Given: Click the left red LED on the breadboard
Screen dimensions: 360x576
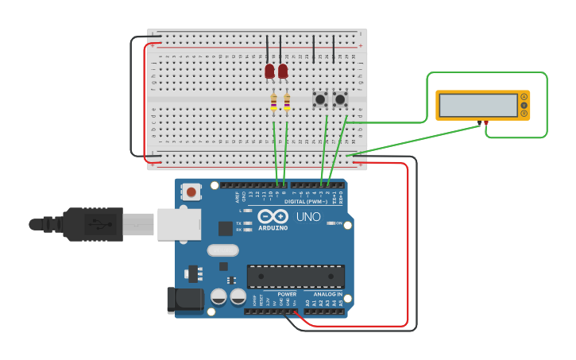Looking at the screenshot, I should (x=269, y=72).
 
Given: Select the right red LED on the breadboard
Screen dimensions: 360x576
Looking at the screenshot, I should (x=283, y=72).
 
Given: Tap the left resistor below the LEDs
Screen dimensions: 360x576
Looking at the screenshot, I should (x=274, y=102).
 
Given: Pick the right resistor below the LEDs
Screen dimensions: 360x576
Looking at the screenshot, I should (x=287, y=102).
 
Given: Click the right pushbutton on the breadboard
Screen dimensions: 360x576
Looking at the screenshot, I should (x=341, y=100).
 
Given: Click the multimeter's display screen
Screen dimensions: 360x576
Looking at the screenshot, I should (x=477, y=105).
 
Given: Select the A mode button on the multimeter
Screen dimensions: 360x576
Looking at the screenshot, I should (x=524, y=96).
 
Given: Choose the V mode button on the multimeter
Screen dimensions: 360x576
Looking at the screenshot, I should (x=524, y=105).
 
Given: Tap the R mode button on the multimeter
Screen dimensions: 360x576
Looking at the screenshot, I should (x=524, y=114).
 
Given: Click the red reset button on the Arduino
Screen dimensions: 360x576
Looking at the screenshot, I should (x=191, y=191).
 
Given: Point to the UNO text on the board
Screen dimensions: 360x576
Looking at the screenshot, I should (x=308, y=217).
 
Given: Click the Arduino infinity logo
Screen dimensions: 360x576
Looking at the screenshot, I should (x=273, y=216).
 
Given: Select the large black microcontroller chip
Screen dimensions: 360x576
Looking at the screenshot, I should (x=296, y=276).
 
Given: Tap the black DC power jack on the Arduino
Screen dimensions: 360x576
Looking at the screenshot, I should (x=182, y=299).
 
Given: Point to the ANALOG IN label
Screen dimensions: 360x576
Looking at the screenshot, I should (x=326, y=294).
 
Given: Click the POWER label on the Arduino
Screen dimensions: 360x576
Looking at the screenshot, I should (x=286, y=294).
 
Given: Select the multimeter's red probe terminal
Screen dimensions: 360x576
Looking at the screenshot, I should (x=486, y=123).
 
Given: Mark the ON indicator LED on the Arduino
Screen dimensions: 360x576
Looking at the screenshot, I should (x=331, y=223).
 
